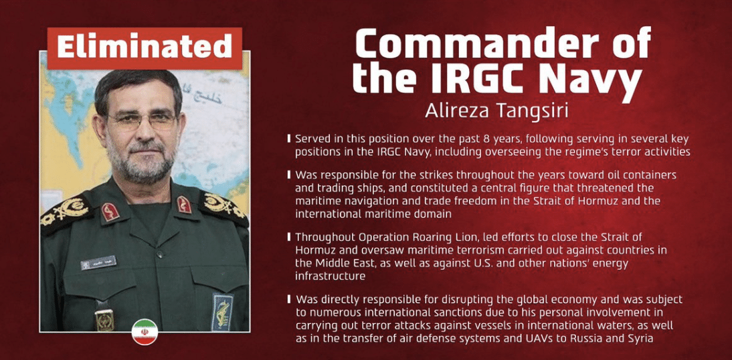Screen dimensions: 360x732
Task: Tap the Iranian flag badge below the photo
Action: click(144, 332)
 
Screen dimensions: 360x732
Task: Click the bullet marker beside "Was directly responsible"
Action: click(288, 299)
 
